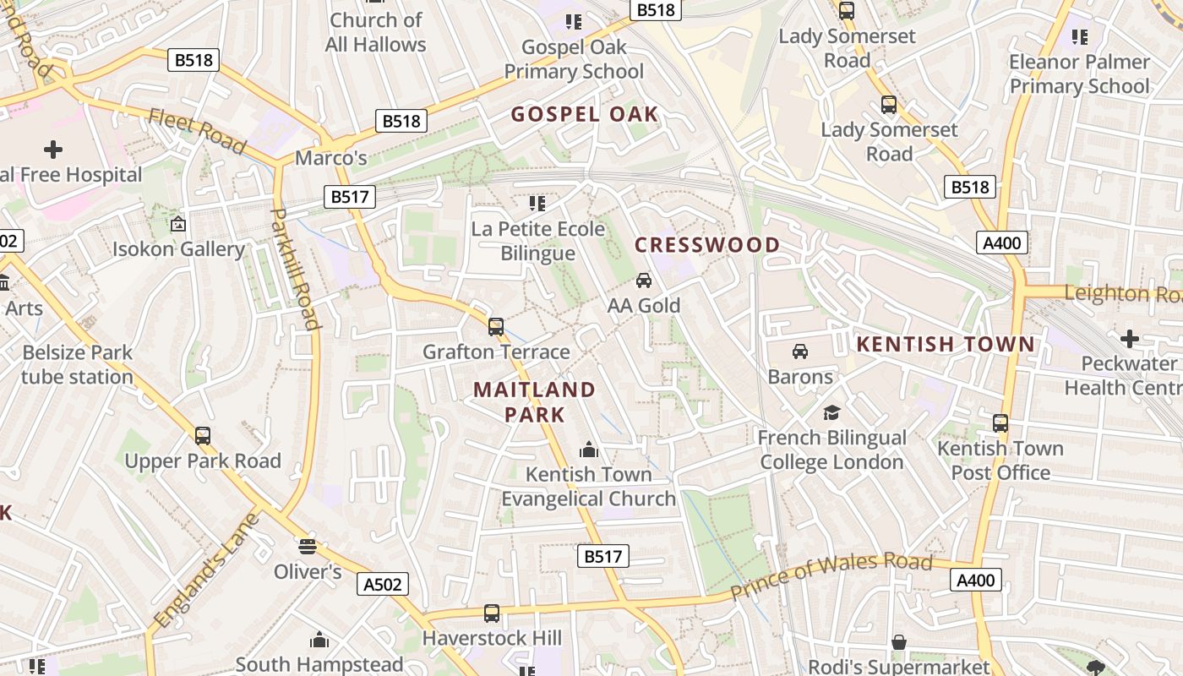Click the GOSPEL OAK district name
click(584, 115)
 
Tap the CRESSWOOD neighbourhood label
click(707, 245)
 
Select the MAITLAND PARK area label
click(534, 401)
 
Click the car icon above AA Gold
click(644, 281)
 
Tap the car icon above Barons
click(799, 351)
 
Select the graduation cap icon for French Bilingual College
click(831, 412)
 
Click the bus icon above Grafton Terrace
click(496, 326)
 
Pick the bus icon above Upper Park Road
click(203, 436)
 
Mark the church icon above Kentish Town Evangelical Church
click(589, 450)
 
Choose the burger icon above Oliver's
click(308, 547)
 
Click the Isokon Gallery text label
click(178, 249)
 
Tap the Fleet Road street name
click(197, 132)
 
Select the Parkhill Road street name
click(296, 269)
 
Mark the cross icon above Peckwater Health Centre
click(1129, 339)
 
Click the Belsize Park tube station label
click(77, 364)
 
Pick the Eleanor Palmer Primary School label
click(1079, 74)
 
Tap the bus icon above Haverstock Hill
click(491, 613)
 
